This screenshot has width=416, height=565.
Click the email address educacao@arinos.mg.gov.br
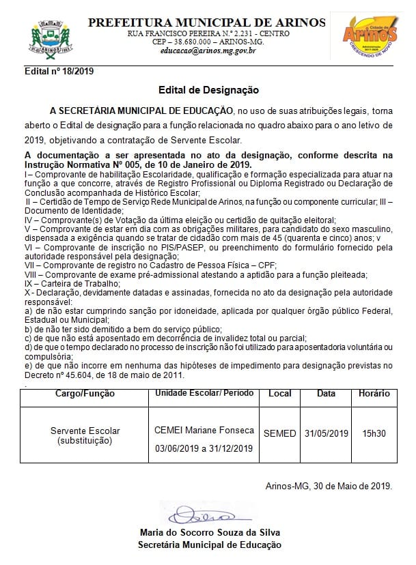(208, 50)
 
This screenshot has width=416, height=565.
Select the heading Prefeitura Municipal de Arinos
(208, 23)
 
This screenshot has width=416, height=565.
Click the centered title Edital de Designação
(208, 89)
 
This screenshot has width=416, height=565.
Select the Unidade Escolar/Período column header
(204, 394)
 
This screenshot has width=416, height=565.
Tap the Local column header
(280, 394)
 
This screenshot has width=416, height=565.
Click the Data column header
(327, 394)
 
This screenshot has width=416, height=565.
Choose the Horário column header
(374, 394)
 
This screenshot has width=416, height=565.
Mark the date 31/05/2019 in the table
(327, 433)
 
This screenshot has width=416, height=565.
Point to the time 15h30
(374, 433)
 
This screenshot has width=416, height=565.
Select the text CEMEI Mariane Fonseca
(204, 430)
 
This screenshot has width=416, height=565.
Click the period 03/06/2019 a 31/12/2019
(204, 448)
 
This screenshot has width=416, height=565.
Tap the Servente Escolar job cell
(85, 436)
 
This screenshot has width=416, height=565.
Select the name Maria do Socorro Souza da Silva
(209, 533)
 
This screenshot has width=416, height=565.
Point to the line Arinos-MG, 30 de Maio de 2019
(329, 487)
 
